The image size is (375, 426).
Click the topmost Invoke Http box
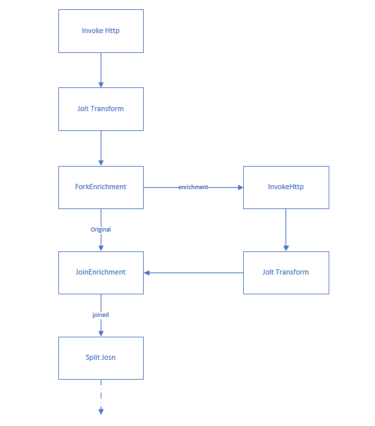pyautogui.click(x=101, y=31)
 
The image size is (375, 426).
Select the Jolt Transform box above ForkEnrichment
pyautogui.click(x=101, y=109)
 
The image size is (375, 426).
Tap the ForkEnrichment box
pyautogui.click(x=101, y=187)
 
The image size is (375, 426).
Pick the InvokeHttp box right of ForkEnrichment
pyautogui.click(x=286, y=187)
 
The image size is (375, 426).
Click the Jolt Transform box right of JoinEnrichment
pyautogui.click(x=286, y=273)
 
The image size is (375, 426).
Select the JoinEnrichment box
pyautogui.click(x=101, y=273)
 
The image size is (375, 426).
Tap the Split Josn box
pyautogui.click(x=101, y=358)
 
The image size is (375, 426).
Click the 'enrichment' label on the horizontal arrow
pyautogui.click(x=193, y=187)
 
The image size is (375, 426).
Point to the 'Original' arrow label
pyautogui.click(x=101, y=230)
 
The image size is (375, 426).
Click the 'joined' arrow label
pyautogui.click(x=101, y=315)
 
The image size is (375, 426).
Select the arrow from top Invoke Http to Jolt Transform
pyautogui.click(x=101, y=69)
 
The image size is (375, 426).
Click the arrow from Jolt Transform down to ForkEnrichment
pyautogui.click(x=101, y=147)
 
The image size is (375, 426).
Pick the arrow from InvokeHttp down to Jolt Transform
pyautogui.click(x=286, y=229)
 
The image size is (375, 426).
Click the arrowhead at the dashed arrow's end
pyautogui.click(x=101, y=411)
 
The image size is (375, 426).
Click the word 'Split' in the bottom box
pyautogui.click(x=92, y=358)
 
